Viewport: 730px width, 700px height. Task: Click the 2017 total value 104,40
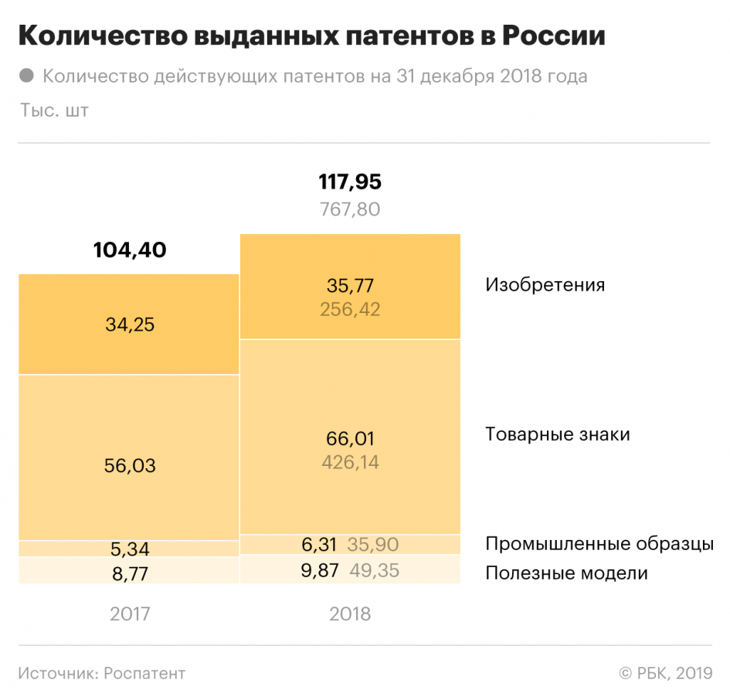pyautogui.click(x=130, y=250)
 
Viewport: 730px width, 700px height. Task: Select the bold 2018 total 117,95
pyautogui.click(x=350, y=182)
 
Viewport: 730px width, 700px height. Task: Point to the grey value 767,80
pyautogui.click(x=350, y=209)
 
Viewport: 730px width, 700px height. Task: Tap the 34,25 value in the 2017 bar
pyautogui.click(x=130, y=325)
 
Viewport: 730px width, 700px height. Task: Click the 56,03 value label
pyautogui.click(x=130, y=466)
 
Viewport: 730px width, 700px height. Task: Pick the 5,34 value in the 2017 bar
pyautogui.click(x=130, y=549)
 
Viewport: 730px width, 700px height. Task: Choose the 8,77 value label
pyautogui.click(x=130, y=573)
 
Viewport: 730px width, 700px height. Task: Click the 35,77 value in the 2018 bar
pyautogui.click(x=350, y=286)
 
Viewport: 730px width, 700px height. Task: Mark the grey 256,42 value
pyautogui.click(x=350, y=309)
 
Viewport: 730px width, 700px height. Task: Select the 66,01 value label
pyautogui.click(x=350, y=439)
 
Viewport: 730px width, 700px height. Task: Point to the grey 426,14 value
pyautogui.click(x=350, y=463)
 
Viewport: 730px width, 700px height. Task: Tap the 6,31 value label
pyautogui.click(x=319, y=545)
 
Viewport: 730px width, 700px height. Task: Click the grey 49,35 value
pyautogui.click(x=374, y=572)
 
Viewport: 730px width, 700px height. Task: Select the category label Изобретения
pyautogui.click(x=545, y=284)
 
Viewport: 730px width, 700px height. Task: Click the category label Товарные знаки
pyautogui.click(x=557, y=434)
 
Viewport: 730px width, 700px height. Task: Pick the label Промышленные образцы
pyautogui.click(x=599, y=544)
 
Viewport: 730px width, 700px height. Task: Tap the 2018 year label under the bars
pyautogui.click(x=350, y=614)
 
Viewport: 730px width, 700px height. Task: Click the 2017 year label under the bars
pyautogui.click(x=130, y=614)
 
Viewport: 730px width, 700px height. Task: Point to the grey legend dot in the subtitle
pyautogui.click(x=26, y=76)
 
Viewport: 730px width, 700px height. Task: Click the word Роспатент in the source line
pyautogui.click(x=144, y=674)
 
